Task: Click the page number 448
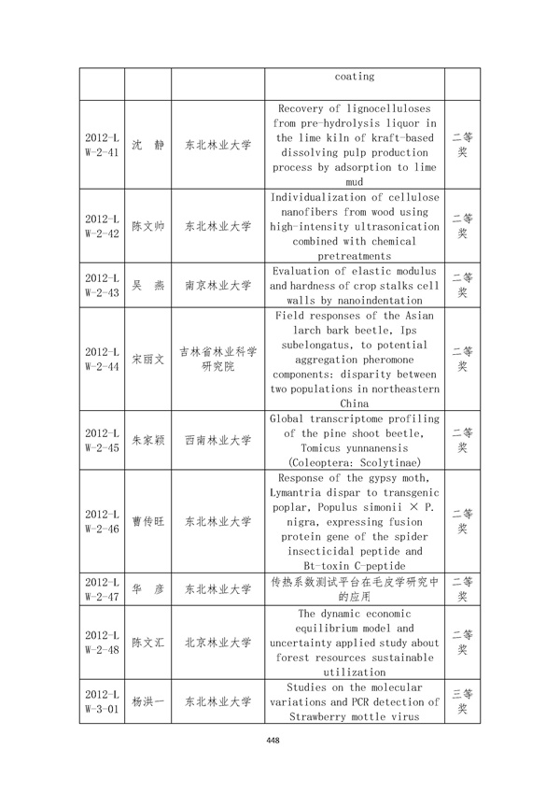273,741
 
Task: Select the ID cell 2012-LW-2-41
101,145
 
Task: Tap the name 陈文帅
147,226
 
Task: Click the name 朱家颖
147,439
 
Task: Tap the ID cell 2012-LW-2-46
101,521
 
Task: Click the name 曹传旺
147,521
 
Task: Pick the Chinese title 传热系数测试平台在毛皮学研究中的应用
354,588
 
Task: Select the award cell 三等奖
462,702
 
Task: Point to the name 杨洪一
147,702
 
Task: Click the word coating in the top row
354,76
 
